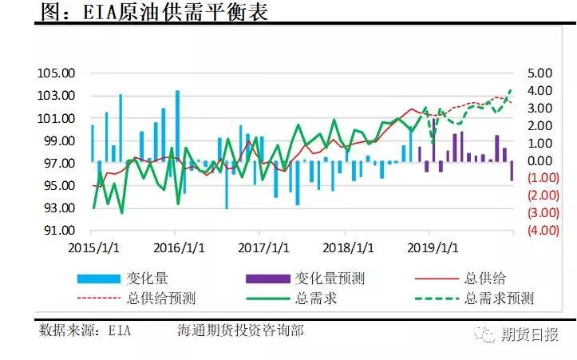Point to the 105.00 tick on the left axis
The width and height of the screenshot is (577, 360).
pyautogui.click(x=57, y=73)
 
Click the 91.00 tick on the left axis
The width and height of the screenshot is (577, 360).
pyautogui.click(x=57, y=231)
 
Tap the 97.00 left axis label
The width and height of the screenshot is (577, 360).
pyautogui.click(x=57, y=164)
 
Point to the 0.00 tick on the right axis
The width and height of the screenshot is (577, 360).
pyautogui.click(x=539, y=161)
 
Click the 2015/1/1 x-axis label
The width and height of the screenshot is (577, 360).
pyautogui.click(x=94, y=247)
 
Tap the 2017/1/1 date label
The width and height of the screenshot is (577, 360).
pyautogui.click(x=261, y=247)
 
